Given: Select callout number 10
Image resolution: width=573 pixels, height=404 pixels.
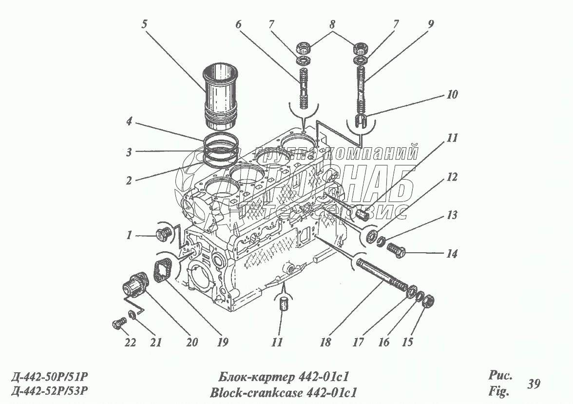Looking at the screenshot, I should (x=452, y=94).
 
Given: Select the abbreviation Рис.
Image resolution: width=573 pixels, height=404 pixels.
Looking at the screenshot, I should (x=500, y=376).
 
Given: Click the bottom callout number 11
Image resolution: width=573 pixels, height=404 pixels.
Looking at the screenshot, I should (x=277, y=343).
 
